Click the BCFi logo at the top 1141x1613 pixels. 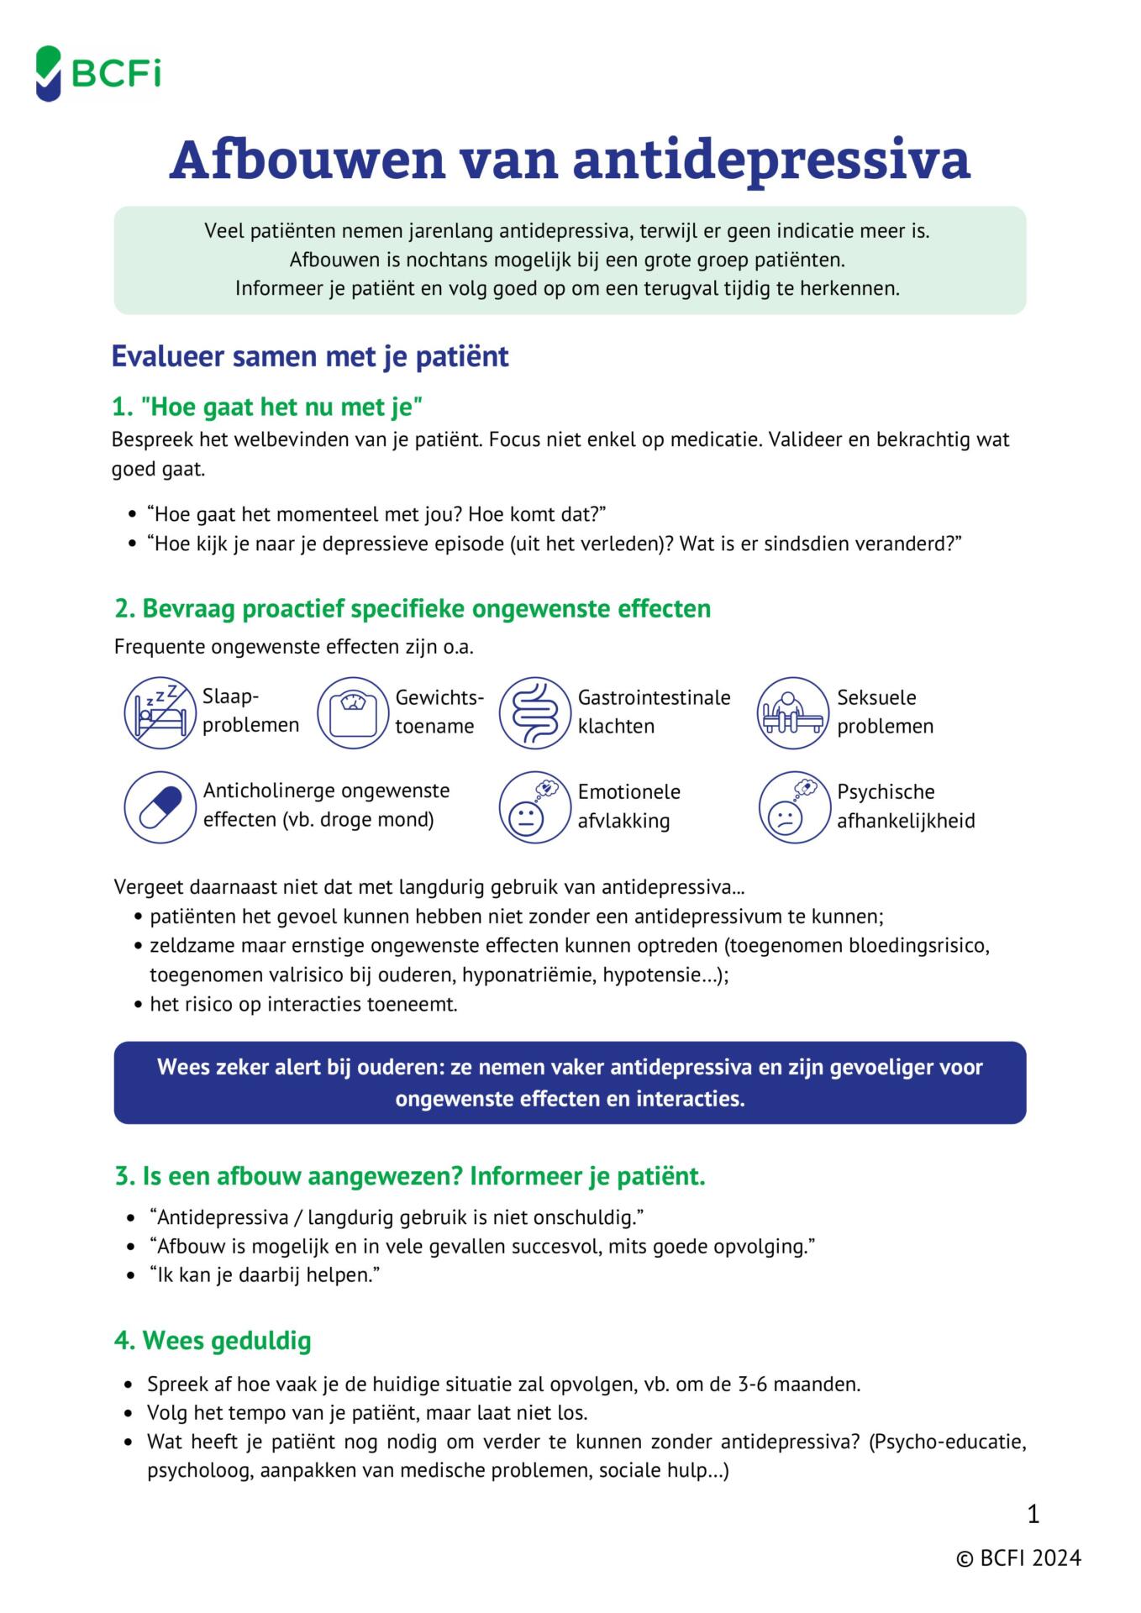click(98, 74)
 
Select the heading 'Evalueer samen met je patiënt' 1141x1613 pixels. click(310, 356)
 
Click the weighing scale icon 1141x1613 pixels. click(353, 713)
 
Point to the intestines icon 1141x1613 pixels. click(534, 713)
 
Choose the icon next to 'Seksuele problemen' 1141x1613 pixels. click(792, 713)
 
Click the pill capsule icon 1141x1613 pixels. click(160, 807)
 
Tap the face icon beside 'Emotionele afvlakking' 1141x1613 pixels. click(534, 807)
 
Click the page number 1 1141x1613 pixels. click(1033, 1514)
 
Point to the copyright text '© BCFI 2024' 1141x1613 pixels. click(1018, 1558)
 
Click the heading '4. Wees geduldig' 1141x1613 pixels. click(213, 1340)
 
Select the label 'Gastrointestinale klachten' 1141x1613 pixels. click(654, 712)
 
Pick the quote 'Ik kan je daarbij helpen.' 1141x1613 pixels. click(265, 1274)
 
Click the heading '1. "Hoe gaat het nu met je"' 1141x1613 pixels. click(266, 407)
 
